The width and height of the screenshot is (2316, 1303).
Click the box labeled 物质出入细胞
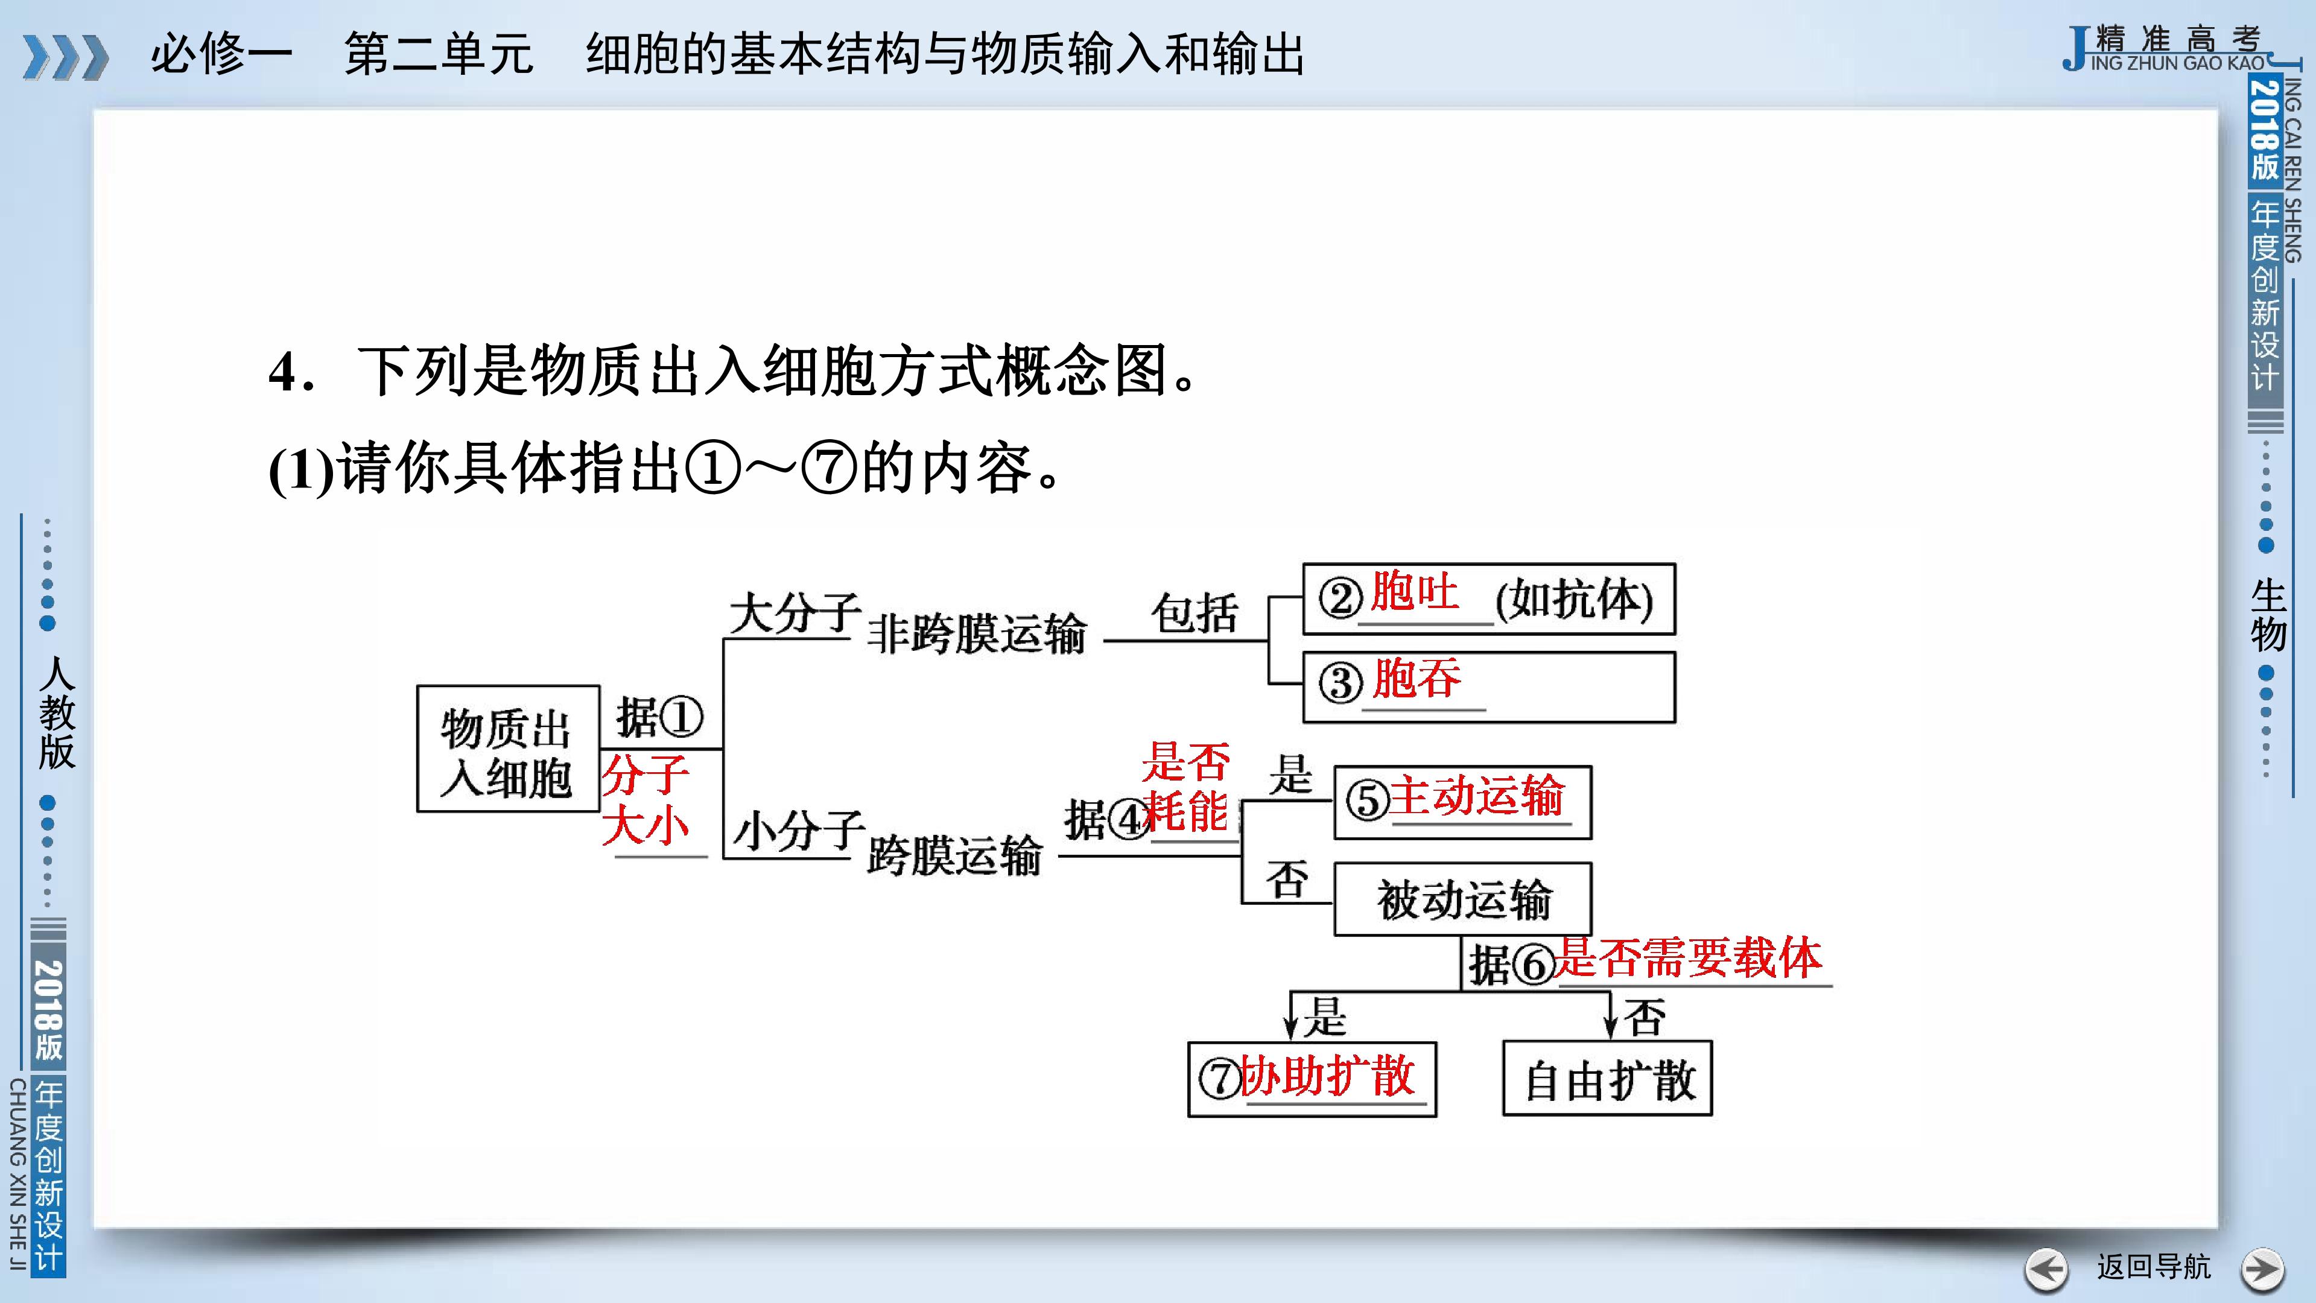click(x=508, y=748)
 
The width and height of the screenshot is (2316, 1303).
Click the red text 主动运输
click(x=1477, y=796)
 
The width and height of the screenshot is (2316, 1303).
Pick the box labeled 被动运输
click(x=1463, y=898)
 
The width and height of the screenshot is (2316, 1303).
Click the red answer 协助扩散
click(x=1328, y=1076)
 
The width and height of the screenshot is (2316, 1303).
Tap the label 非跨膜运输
click(x=976, y=633)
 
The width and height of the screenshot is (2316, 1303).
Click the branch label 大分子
click(x=795, y=613)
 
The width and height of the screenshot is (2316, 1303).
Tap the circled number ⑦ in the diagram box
click(x=1220, y=1078)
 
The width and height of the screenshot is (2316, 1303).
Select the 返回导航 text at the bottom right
click(x=2153, y=1266)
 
